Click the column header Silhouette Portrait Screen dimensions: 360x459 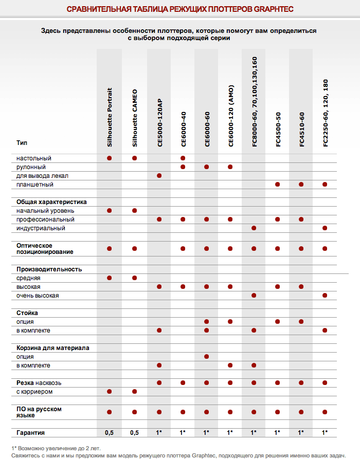110,117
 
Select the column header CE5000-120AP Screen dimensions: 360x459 159,123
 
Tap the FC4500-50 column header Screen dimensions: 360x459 278,130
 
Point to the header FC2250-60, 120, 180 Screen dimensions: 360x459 326,113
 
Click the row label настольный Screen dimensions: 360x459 34,158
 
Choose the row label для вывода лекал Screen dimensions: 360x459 42,176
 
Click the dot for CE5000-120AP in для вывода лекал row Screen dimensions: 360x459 159,176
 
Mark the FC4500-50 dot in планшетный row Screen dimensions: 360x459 277,185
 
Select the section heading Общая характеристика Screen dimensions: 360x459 51,202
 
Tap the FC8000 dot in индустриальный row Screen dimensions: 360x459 254,228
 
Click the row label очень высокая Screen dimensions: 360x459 38,296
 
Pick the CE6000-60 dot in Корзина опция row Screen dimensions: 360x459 207,357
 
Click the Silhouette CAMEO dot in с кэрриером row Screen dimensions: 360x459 134,391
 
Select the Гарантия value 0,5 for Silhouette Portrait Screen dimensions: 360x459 109,433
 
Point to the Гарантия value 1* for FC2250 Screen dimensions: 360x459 325,432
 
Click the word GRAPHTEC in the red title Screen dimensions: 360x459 274,9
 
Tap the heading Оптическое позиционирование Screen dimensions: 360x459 45,249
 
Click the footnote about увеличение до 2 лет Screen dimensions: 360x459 56,448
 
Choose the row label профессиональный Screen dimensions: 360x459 45,219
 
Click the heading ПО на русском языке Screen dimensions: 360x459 39,412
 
